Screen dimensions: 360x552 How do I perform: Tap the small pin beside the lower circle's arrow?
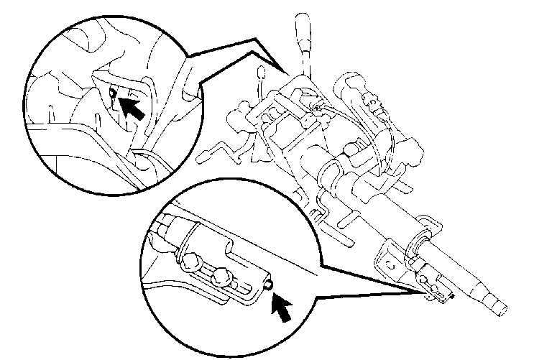point(267,285)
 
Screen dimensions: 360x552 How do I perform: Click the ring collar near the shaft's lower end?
point(420,244)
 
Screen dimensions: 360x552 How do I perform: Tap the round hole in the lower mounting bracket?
point(392,266)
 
